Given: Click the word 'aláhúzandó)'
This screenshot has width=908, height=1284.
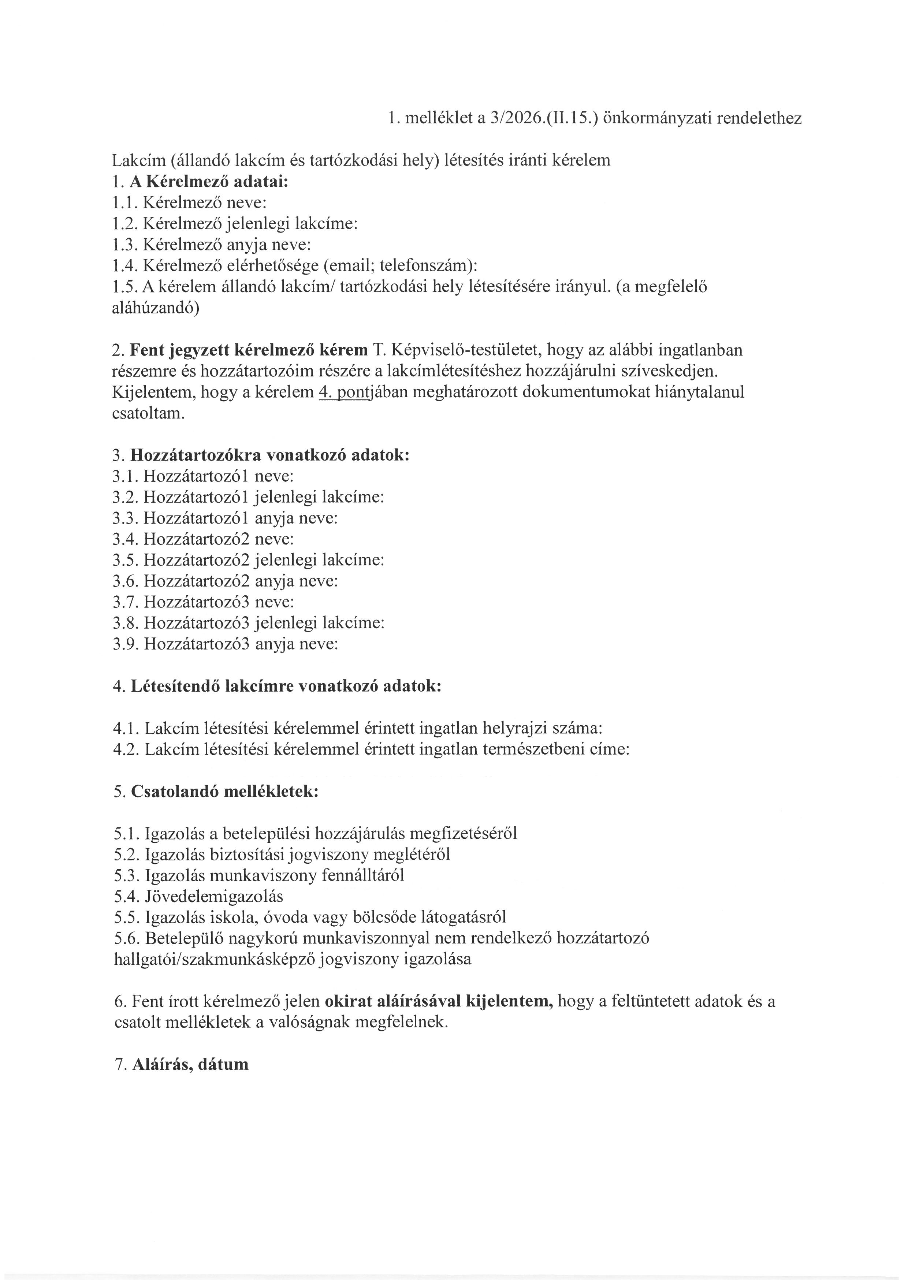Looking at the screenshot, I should click(x=156, y=308).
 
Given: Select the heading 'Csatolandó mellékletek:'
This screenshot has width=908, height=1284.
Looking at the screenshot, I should click(x=225, y=792).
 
